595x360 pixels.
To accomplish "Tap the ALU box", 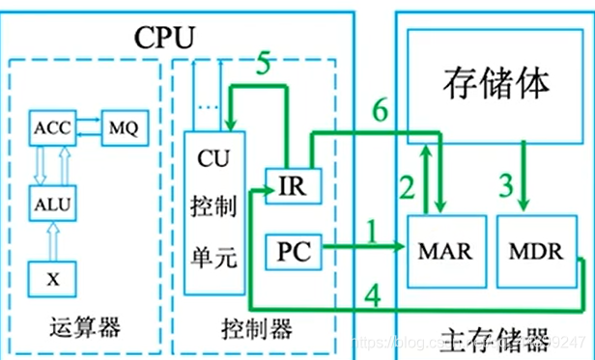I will click(47, 204).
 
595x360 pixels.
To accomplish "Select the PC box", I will click(292, 254).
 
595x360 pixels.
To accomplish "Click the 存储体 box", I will click(496, 83).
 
